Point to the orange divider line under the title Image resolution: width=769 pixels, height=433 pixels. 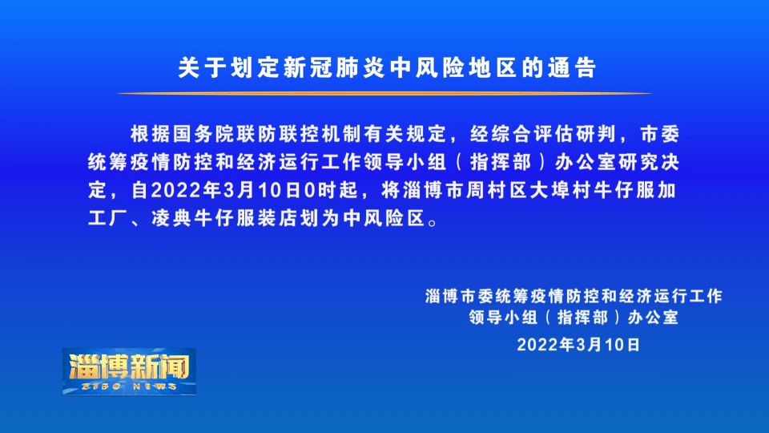point(384,93)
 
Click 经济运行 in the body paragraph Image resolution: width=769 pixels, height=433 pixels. point(278,162)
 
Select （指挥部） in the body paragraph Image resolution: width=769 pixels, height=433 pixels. point(501,162)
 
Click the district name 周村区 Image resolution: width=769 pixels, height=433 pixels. point(497,190)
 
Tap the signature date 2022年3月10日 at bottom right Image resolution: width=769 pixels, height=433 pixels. point(578,345)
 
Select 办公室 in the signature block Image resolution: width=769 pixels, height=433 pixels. point(654,318)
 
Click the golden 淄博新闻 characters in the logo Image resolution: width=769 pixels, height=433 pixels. point(130,366)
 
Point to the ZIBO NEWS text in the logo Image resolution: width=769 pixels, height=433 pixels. point(130,386)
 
